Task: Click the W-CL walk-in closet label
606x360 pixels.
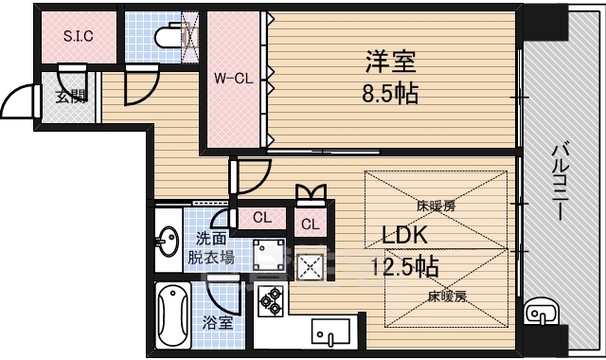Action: tap(232, 79)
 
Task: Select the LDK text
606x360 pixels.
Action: tap(406, 235)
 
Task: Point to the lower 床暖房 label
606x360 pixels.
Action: tap(445, 296)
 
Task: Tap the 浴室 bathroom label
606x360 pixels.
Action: tap(217, 323)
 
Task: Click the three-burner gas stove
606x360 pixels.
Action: tap(271, 299)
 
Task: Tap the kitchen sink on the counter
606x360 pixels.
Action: tap(330, 332)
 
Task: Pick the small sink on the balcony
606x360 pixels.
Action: tap(537, 310)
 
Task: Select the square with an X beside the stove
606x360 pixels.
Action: tap(311, 266)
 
